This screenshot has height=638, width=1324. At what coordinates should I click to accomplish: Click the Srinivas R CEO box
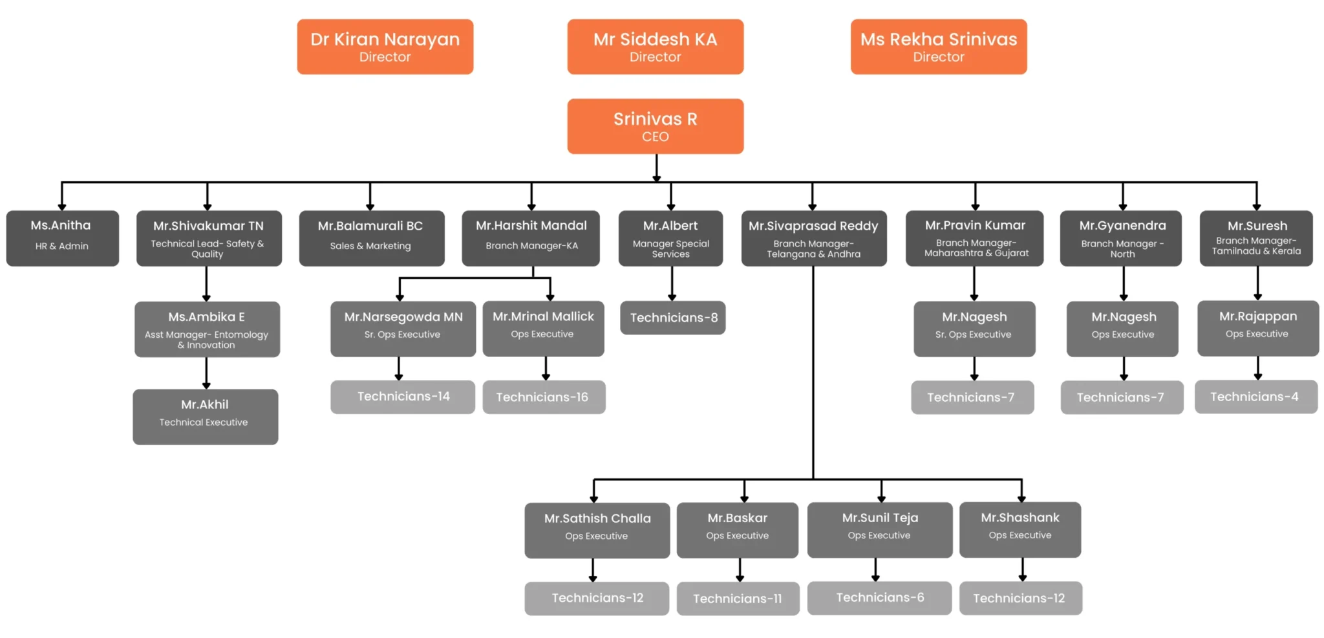coord(655,126)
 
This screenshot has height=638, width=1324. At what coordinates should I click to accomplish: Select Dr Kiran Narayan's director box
coord(385,47)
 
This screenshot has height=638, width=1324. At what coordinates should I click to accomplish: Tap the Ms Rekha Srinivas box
coord(938,47)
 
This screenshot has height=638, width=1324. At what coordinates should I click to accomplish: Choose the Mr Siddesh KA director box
coord(655,47)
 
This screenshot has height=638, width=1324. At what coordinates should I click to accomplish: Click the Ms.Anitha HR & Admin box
coord(62,237)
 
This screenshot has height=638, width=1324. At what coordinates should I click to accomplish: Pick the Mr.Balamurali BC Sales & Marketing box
coord(371,237)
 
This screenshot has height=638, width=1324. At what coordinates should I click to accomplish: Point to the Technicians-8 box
coord(672,318)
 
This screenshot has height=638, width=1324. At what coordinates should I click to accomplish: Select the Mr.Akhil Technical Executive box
coord(205,416)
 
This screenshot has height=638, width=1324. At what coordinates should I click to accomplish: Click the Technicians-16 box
coord(543,397)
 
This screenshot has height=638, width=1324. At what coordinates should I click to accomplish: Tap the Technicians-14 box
coord(403,396)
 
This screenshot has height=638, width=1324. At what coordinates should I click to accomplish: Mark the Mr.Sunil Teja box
coord(879,529)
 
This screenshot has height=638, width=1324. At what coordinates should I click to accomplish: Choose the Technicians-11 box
coord(738,598)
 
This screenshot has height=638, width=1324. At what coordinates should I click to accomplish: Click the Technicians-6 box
coord(879,597)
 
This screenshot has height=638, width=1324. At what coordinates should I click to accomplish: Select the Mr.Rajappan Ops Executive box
coord(1257,327)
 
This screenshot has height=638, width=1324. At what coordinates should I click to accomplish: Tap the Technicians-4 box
coord(1255,396)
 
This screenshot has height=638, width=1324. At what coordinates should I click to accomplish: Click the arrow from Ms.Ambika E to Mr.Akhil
coord(206,373)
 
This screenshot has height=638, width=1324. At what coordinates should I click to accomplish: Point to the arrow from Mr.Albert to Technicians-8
coord(672,283)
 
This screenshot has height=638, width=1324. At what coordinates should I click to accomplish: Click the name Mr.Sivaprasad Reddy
coord(813,226)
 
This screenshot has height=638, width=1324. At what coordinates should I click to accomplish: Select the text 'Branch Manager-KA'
coord(531,246)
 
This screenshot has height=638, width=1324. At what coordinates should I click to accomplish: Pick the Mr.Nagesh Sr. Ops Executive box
coord(974,328)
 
